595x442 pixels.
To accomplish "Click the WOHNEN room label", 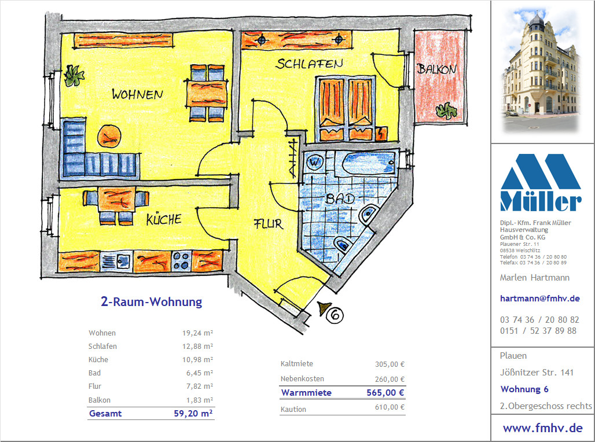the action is point(137,94).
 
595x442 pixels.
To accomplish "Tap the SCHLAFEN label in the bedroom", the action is point(309,64).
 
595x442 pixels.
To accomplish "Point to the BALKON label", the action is point(437,69).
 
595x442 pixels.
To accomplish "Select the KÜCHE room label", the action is point(164,219).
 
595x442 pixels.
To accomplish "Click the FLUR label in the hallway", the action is point(269,224).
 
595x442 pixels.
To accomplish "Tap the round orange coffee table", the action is point(109,137).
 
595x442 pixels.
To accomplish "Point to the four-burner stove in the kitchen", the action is point(181,261).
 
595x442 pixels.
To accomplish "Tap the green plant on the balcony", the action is point(446,110).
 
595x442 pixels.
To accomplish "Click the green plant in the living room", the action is point(74,76).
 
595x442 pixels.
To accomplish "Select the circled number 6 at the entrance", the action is point(335,315).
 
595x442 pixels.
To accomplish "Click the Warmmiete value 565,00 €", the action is point(385,393).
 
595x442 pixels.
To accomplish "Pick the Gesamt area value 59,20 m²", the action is point(193,413).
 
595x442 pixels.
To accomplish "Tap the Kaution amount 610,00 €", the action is point(390,407).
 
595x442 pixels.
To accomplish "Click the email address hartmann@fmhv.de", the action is point(540,298).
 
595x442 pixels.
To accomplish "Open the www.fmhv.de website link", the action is point(543,428).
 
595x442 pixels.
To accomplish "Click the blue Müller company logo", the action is point(541,182).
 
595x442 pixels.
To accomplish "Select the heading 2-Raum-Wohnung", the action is point(152,301).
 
